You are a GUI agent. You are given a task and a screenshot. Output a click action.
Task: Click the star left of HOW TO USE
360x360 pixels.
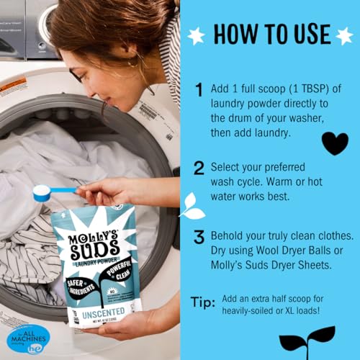[195, 33]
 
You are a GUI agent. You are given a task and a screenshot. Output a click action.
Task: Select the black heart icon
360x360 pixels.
[334, 143]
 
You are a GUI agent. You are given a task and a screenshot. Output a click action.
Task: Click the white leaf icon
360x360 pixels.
[192, 206]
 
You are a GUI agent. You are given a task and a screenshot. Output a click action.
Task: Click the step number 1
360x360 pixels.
[199, 90]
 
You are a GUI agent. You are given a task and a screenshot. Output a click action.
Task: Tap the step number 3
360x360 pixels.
[199, 237]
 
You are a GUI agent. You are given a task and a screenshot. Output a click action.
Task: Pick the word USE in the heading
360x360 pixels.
[303, 35]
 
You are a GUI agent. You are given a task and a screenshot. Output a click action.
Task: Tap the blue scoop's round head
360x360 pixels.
[42, 192]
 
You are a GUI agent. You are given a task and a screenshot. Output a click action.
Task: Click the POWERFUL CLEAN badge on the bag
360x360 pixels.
[122, 267]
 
